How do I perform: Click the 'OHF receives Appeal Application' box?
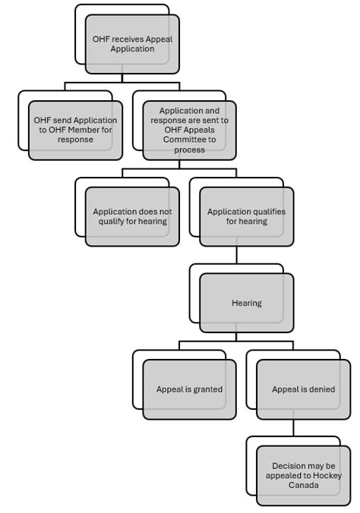[x=132, y=44]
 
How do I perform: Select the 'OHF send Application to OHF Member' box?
[x=75, y=130]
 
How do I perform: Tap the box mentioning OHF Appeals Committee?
[x=189, y=130]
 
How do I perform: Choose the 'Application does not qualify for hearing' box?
[x=132, y=216]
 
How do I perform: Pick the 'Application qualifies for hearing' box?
[x=246, y=216]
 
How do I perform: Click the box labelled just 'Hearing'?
[x=246, y=303]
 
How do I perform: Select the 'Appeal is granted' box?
[x=189, y=389]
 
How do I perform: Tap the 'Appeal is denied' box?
[x=303, y=389]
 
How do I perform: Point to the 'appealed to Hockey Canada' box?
[x=303, y=476]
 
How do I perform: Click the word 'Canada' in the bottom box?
[x=303, y=486]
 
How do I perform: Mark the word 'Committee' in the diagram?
[x=189, y=140]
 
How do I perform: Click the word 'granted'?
[x=207, y=389]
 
